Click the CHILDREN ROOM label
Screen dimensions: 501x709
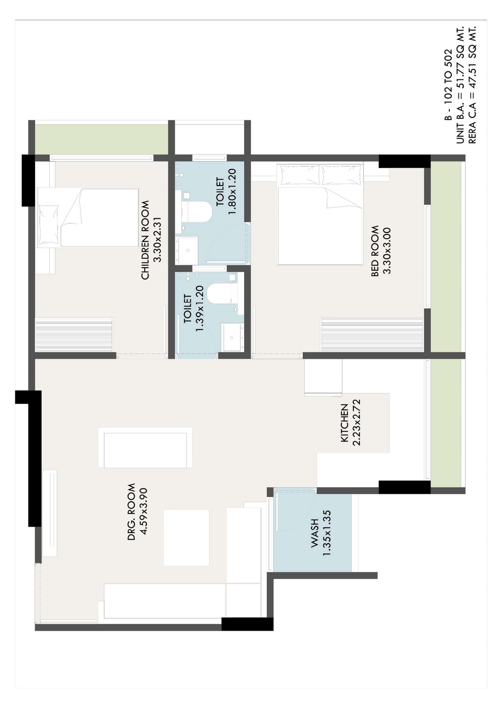click(145, 240)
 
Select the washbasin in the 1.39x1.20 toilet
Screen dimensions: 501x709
click(233, 337)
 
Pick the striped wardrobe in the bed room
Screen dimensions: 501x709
click(372, 335)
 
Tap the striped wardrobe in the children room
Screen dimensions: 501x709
click(74, 335)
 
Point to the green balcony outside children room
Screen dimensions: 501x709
click(101, 139)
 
